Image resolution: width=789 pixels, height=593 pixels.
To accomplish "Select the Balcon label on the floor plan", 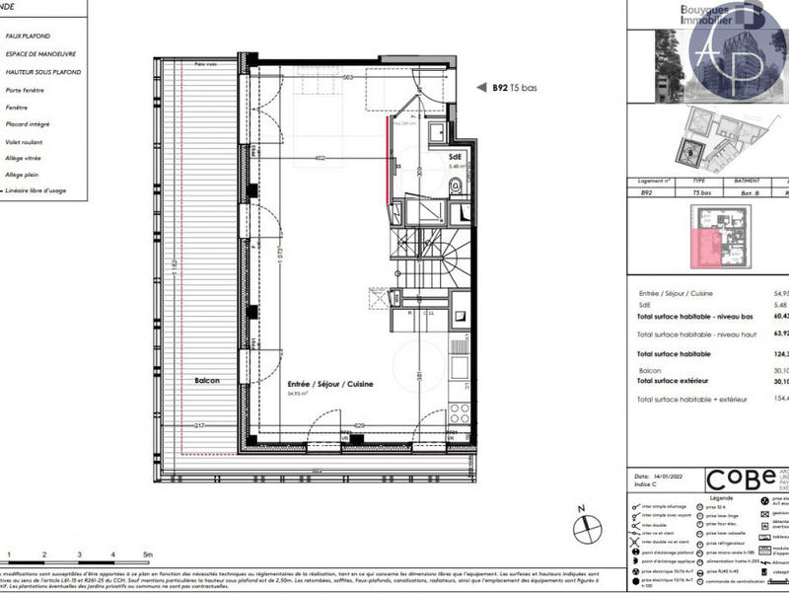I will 206,380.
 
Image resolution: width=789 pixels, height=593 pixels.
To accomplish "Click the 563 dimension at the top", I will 347,77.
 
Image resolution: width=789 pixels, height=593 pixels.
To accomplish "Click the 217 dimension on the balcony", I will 200,425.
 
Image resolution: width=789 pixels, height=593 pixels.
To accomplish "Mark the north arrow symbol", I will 583,526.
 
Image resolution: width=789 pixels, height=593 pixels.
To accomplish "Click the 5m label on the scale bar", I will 147,556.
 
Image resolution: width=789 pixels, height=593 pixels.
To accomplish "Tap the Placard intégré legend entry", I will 27,123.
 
